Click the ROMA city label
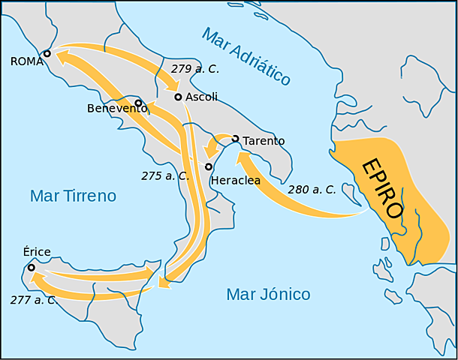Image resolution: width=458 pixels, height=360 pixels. pyautogui.click(x=28, y=62)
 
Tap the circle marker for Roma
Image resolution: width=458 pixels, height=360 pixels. pyautogui.click(x=47, y=53)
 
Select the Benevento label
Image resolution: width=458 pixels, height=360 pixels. pyautogui.click(x=116, y=109)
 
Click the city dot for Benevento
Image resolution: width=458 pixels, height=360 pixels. pyautogui.click(x=138, y=102)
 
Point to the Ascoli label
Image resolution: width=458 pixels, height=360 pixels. pyautogui.click(x=201, y=97)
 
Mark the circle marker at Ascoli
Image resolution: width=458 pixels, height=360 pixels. pyautogui.click(x=178, y=97)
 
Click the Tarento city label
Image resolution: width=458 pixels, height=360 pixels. pyautogui.click(x=264, y=140)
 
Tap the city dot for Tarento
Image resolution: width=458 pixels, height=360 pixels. pyautogui.click(x=235, y=139)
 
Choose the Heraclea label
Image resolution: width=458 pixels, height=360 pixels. pyautogui.click(x=236, y=181)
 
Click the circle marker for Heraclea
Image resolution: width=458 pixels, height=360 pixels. pyautogui.click(x=209, y=166)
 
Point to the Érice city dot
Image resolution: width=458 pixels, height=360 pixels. pyautogui.click(x=32, y=267)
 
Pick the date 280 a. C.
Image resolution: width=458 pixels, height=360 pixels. pyautogui.click(x=312, y=190)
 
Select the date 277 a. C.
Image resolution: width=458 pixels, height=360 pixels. pyautogui.click(x=33, y=300)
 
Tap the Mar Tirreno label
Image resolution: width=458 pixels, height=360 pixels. pyautogui.click(x=73, y=196)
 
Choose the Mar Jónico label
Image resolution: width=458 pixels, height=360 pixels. pyautogui.click(x=268, y=294)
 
